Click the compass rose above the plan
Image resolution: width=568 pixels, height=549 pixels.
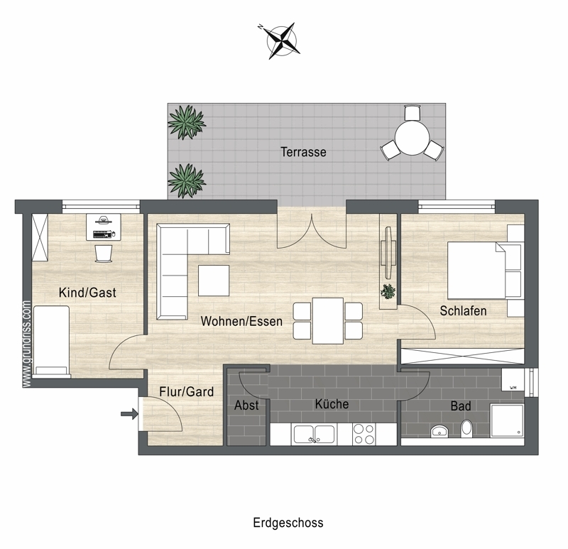tap(280, 40)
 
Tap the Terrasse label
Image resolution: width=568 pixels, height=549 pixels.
tap(303, 152)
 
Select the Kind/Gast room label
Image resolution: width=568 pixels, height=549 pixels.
tap(87, 293)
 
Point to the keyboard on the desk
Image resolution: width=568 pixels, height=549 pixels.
tap(102, 234)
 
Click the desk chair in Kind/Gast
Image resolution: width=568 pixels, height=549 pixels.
tap(104, 253)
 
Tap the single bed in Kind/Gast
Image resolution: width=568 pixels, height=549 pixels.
tap(51, 342)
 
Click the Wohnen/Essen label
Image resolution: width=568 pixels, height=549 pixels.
tap(241, 321)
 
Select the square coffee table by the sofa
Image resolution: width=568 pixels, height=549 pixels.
tap(214, 281)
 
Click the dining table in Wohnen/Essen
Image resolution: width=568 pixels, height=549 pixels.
tap(328, 321)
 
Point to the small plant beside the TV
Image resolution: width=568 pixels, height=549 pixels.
tap(388, 292)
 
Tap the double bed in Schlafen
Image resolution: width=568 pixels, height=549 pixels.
tap(476, 271)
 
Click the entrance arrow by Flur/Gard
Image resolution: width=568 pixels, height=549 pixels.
tap(129, 413)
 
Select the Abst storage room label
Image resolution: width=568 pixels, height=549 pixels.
tap(246, 405)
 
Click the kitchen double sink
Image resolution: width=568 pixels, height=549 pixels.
tap(314, 434)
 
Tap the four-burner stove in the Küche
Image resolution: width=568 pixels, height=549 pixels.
tap(364, 434)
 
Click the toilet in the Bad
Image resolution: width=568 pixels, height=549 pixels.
tap(466, 428)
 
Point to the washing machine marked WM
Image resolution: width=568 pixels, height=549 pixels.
tap(513, 380)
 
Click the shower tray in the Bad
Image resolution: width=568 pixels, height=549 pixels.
tap(507, 420)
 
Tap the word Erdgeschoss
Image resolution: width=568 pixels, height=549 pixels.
tap(288, 523)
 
